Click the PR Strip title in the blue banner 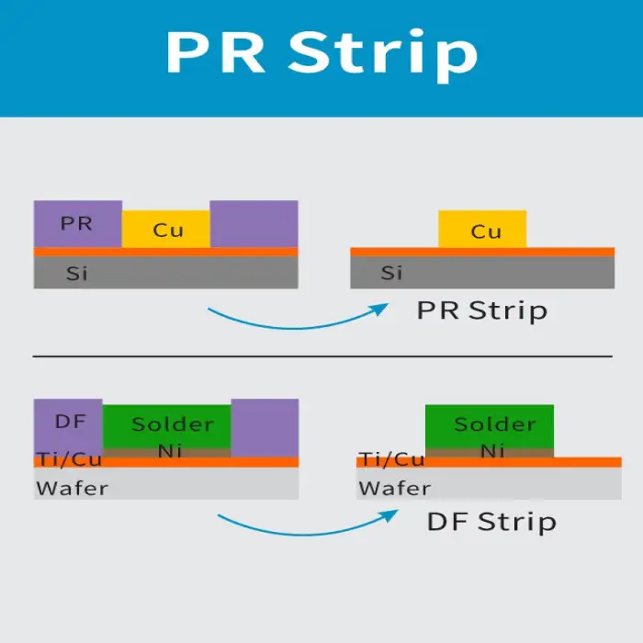321,52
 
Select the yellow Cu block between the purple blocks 166,230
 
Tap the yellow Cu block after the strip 483,230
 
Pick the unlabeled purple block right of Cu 254,223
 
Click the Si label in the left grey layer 77,273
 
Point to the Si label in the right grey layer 391,273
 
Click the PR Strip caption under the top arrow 481,310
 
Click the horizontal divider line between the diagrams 321,355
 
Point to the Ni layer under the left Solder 171,451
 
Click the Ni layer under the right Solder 492,451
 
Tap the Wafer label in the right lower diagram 395,488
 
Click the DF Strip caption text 491,522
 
